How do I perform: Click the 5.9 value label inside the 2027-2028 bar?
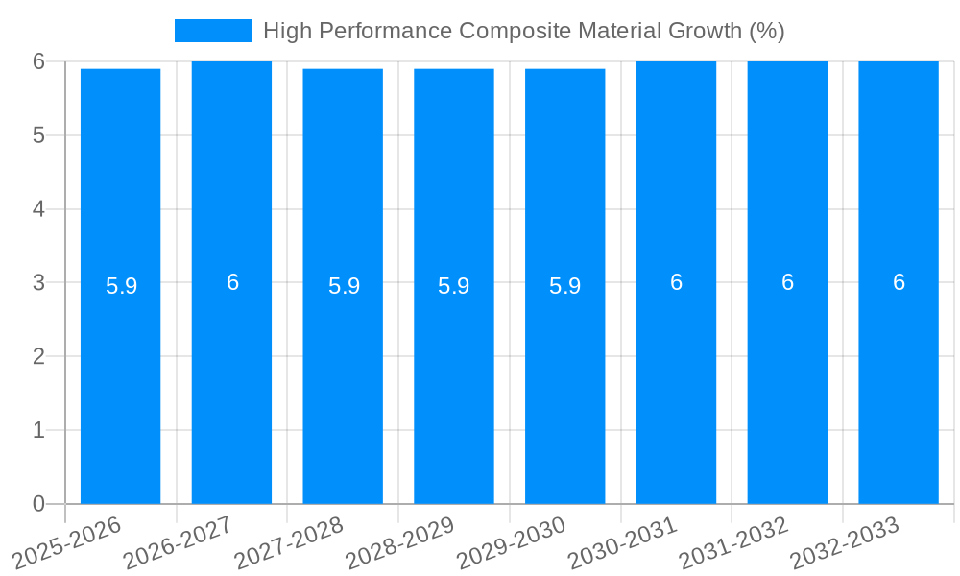click(344, 286)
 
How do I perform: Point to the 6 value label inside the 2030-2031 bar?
click(676, 282)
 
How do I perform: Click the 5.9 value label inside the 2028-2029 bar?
click(453, 286)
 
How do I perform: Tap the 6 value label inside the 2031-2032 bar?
click(787, 282)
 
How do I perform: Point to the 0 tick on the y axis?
click(38, 504)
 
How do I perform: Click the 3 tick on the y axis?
click(38, 282)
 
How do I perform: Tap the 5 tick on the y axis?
click(38, 135)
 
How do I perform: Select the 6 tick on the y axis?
click(38, 61)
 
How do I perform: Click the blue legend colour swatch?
click(212, 31)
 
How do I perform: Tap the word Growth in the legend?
click(706, 31)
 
